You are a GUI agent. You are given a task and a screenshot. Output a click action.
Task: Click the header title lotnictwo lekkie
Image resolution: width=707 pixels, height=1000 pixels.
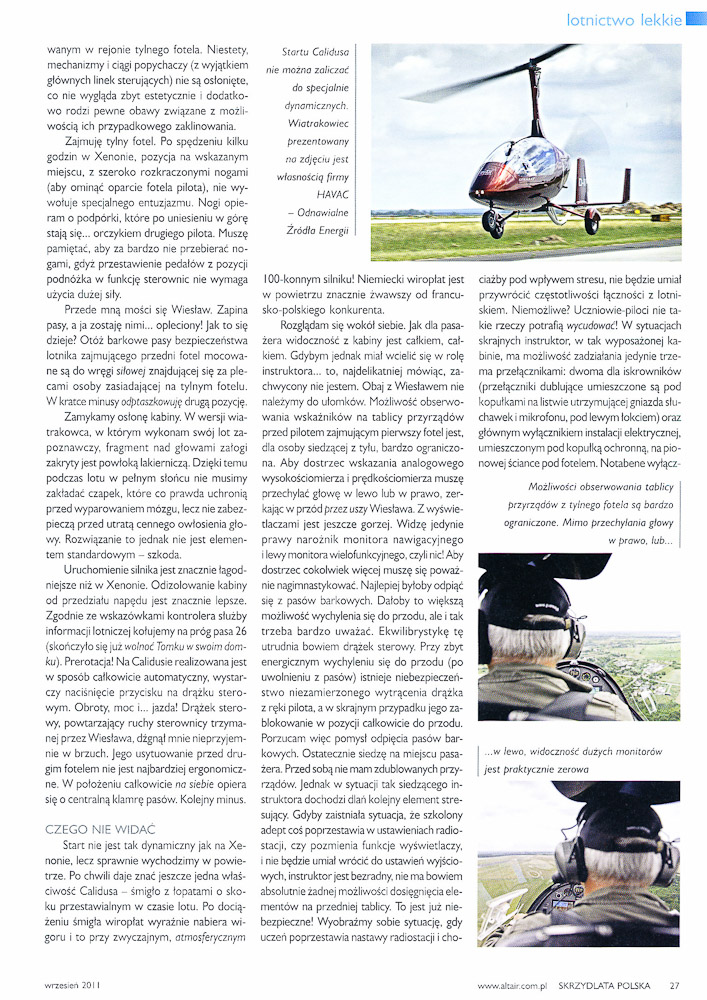[624, 19]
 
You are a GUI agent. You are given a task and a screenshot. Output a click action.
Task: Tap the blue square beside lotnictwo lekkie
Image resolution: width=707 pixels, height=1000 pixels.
[696, 19]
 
